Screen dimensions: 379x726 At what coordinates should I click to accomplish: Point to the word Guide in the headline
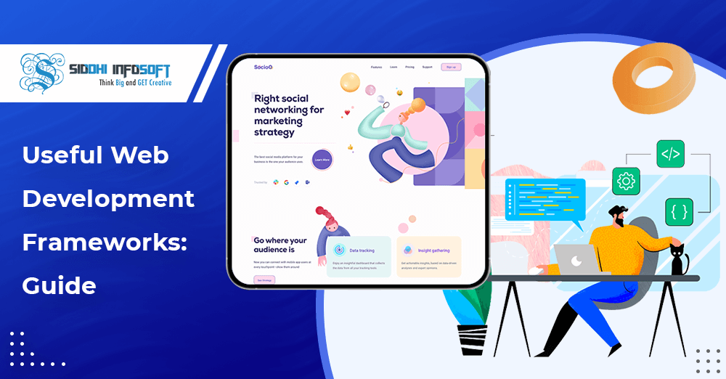59,285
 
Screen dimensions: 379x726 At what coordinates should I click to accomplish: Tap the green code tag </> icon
670,154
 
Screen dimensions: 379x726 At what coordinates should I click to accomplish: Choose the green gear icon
626,181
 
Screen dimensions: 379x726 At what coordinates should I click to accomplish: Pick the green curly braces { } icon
679,211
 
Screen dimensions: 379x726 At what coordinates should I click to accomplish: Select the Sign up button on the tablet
451,67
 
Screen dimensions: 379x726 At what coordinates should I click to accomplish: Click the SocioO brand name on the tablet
263,67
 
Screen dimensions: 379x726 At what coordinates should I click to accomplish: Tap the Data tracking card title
362,250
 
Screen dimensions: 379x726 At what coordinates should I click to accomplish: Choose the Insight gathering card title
435,250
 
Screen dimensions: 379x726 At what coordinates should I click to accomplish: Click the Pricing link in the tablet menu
410,67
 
